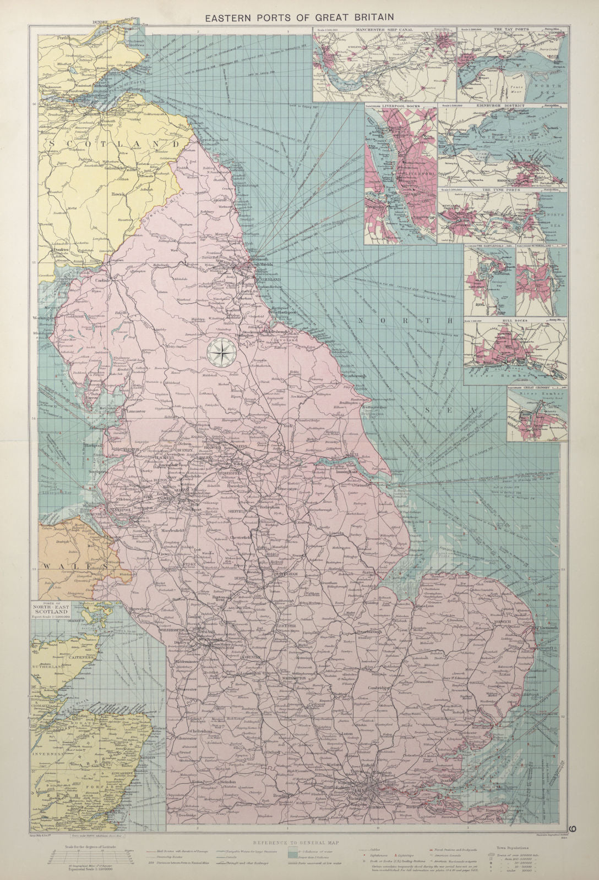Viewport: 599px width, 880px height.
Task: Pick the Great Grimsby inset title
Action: (x=533, y=387)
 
